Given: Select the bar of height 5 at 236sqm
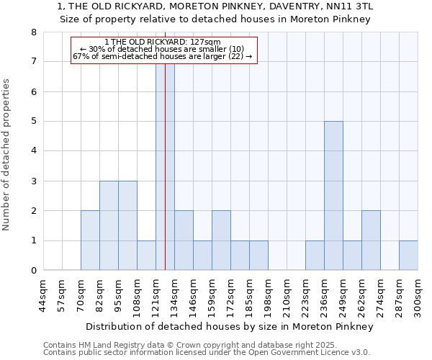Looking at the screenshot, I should [x=333, y=196].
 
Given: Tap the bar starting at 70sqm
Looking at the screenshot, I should [x=90, y=240].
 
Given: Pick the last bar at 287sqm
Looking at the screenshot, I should [x=408, y=256].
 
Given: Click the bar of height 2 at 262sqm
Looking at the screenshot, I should [x=371, y=240].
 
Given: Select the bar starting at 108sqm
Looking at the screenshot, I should [x=146, y=256].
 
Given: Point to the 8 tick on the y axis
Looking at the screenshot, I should [x=34, y=32].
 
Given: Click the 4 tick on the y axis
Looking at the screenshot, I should [x=34, y=151].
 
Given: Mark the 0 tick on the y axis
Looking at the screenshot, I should [x=34, y=271].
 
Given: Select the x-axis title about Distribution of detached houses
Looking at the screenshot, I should [x=229, y=326].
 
